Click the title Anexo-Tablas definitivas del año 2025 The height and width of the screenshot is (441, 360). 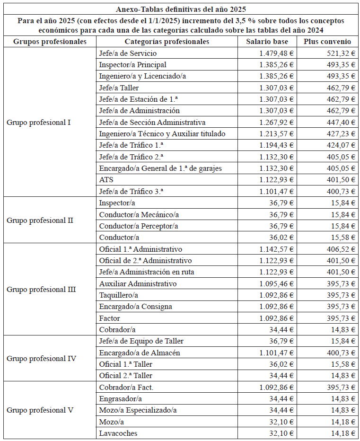tap(181, 9)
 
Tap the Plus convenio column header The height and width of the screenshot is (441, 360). tap(327, 42)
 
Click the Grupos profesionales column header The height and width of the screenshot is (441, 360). tap(50, 42)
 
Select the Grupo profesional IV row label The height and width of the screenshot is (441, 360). tap(41, 358)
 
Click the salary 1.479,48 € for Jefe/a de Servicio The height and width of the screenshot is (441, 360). tap(276, 53)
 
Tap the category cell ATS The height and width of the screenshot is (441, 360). tap(106, 180)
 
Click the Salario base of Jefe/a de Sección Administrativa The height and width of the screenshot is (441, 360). tap(276, 122)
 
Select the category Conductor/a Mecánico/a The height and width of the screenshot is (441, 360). tap(139, 214)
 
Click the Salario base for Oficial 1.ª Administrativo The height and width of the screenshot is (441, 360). tap(276, 249)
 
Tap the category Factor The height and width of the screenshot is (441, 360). tap(110, 318)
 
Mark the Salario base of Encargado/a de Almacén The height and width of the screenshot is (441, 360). tap(276, 353)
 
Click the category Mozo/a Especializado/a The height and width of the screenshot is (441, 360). tap(138, 410)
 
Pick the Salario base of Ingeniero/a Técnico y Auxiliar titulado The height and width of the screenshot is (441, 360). tap(276, 134)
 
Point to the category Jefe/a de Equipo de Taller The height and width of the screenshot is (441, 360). tap(141, 341)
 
